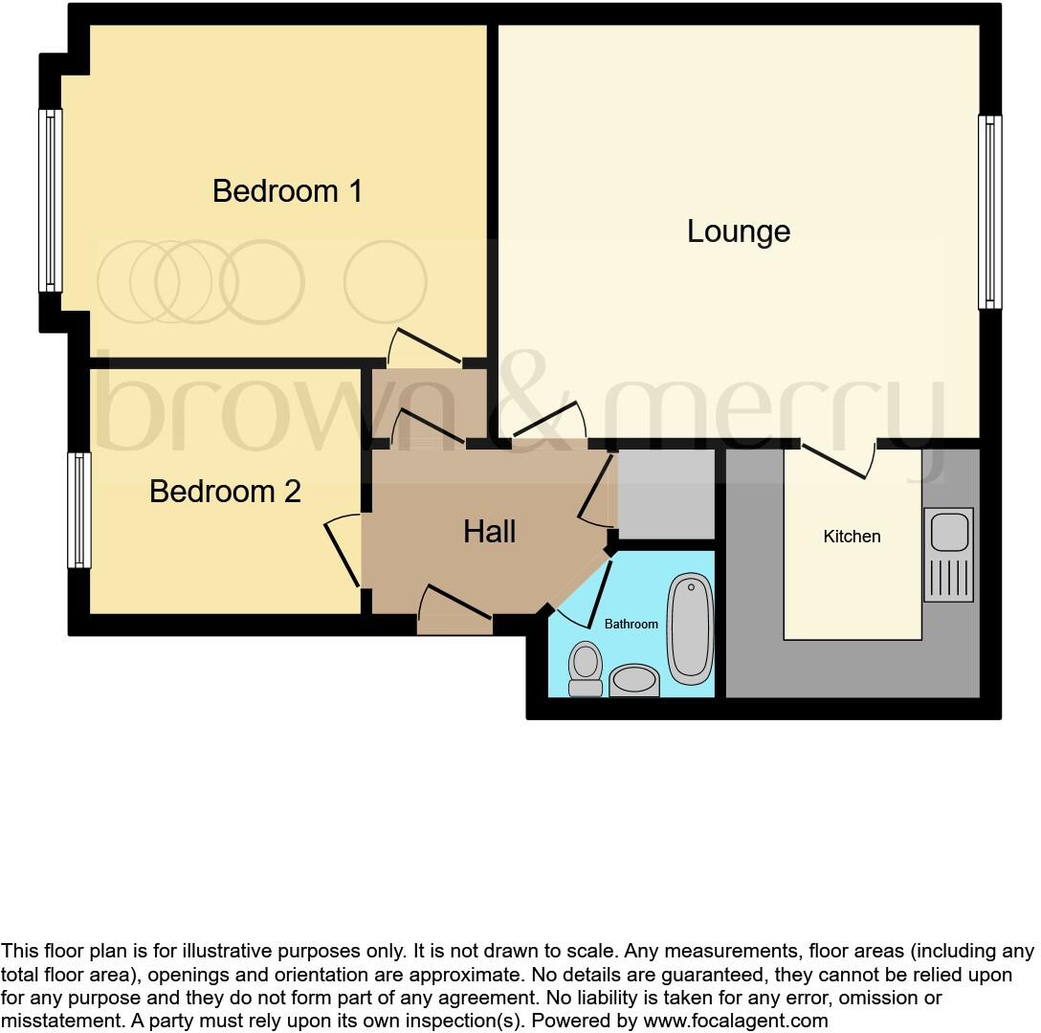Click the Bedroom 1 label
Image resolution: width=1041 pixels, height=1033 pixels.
click(287, 191)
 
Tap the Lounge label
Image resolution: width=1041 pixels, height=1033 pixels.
click(739, 231)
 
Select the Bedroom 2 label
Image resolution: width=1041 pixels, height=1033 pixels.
click(225, 492)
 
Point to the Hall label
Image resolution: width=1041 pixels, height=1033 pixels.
click(490, 532)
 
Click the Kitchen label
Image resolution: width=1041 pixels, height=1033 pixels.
click(852, 537)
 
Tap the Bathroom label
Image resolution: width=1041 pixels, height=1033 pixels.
click(631, 624)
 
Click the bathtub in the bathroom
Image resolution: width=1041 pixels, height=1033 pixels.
click(690, 628)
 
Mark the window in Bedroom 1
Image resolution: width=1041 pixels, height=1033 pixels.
click(51, 200)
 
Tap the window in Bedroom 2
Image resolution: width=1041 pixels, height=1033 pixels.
click(78, 510)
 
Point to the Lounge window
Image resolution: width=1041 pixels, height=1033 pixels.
click(989, 212)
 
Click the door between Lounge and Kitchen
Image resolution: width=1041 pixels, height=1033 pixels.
click(838, 459)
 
